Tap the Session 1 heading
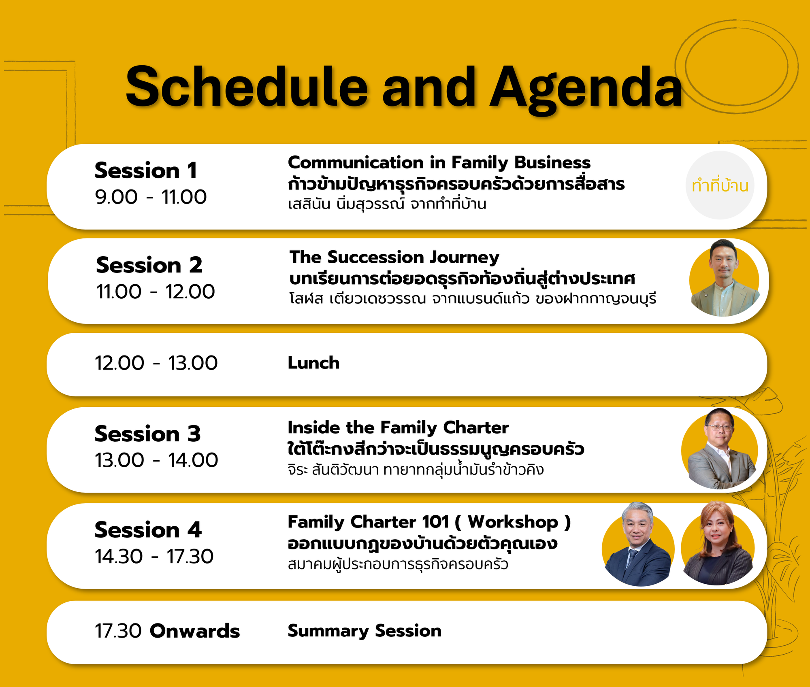click(146, 170)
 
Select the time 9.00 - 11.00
click(151, 197)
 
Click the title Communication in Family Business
click(439, 163)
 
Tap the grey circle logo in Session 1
click(720, 185)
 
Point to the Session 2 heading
click(149, 265)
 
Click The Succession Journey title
click(394, 257)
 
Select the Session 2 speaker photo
click(724, 279)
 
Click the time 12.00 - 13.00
click(156, 363)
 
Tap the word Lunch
click(313, 363)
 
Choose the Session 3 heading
click(147, 434)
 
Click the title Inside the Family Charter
click(398, 428)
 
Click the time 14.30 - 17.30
click(154, 557)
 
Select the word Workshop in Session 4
click(513, 522)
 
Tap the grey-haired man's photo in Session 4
click(638, 544)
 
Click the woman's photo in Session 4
click(718, 544)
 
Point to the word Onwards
click(195, 631)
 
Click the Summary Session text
click(364, 631)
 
